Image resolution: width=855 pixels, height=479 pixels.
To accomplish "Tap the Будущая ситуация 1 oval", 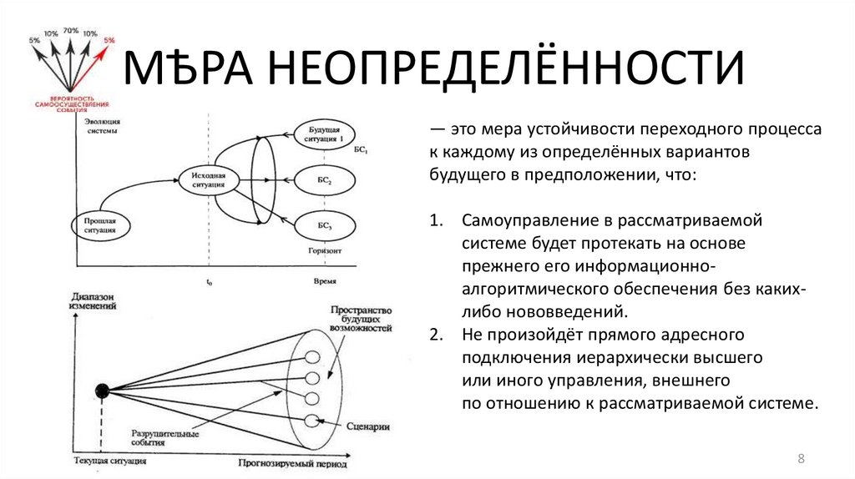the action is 324,134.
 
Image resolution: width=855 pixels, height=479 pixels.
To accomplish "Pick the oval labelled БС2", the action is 324,180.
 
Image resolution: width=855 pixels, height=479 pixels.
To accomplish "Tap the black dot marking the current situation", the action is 103,389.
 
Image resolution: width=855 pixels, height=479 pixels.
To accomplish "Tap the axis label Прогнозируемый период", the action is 291,462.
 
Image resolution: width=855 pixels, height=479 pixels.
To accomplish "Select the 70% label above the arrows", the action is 70,31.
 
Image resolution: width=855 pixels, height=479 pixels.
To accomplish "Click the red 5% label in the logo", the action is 109,39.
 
